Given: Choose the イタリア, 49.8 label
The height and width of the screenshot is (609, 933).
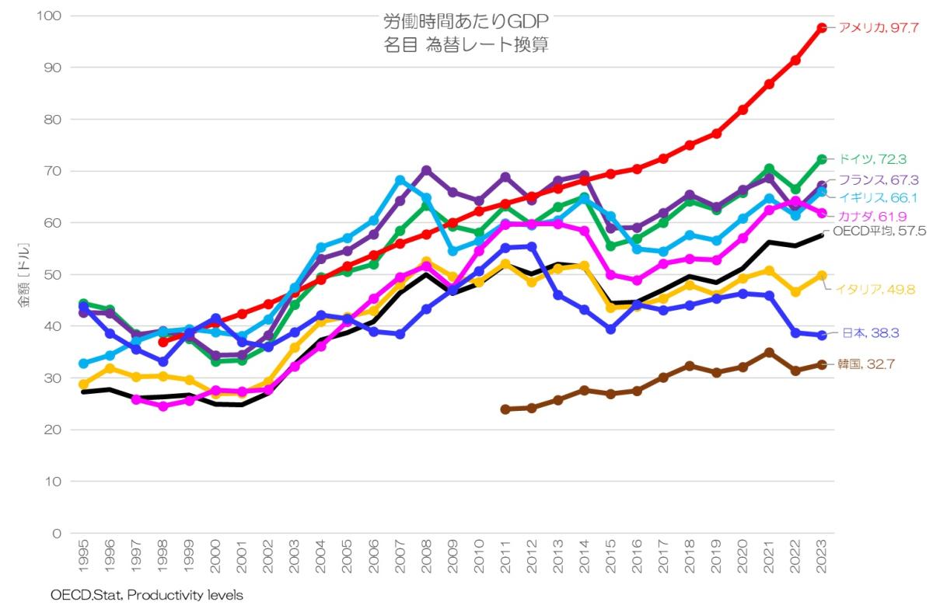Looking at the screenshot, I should coord(875,290).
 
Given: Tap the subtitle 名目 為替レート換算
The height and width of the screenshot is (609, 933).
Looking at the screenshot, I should coord(466,45).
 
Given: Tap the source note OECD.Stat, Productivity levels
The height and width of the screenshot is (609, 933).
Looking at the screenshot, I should coord(147,596).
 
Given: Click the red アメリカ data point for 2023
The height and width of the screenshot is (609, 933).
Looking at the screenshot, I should coord(822,28).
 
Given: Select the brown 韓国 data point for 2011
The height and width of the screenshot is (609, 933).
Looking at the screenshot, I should coord(505,409).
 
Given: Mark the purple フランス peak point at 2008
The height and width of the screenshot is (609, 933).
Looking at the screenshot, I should coord(427,171).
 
